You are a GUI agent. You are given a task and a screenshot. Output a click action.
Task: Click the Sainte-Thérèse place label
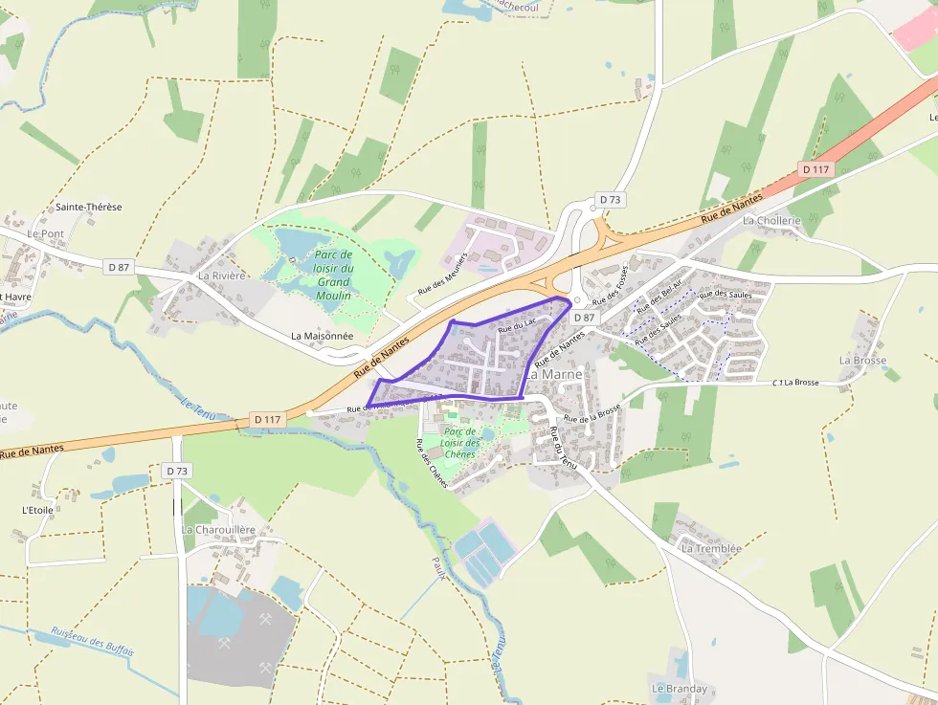(89, 207)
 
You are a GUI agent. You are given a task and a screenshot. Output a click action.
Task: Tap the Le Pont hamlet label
(45, 233)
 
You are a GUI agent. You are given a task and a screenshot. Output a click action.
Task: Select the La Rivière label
(222, 275)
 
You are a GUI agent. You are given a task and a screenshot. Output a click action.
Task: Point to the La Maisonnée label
(323, 336)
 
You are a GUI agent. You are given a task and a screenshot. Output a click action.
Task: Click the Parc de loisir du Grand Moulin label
(334, 275)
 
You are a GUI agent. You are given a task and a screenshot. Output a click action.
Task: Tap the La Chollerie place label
(771, 220)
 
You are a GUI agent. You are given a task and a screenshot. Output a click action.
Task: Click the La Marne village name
(554, 374)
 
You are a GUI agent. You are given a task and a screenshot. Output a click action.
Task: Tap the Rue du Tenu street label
(563, 447)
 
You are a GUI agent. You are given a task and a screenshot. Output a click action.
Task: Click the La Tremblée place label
(711, 549)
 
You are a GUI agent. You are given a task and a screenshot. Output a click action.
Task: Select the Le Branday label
(680, 689)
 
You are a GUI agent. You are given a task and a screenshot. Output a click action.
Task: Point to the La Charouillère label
(218, 530)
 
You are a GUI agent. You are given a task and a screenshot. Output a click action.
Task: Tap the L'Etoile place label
(37, 510)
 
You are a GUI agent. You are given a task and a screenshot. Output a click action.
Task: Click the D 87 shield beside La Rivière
(119, 267)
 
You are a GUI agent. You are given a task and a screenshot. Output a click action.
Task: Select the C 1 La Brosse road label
(795, 383)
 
